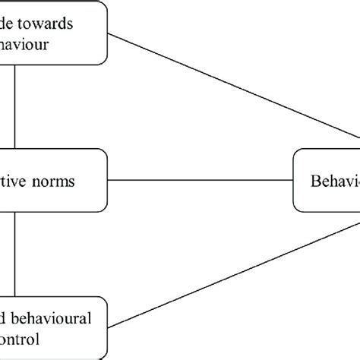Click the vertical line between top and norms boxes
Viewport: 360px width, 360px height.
pyautogui.click(x=14, y=106)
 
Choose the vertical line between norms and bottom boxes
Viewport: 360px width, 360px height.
pyautogui.click(x=14, y=251)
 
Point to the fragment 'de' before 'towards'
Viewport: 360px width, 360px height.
pyautogui.click(x=17, y=24)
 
